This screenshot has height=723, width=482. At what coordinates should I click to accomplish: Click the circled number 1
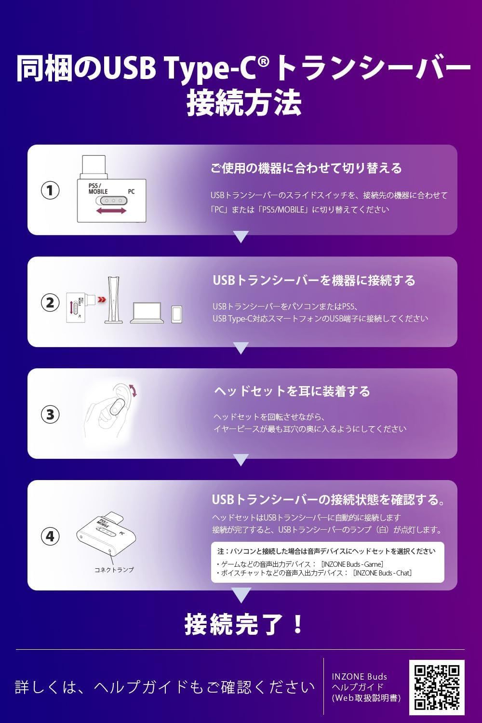pyautogui.click(x=50, y=190)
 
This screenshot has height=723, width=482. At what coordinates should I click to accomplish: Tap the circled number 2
pyautogui.click(x=50, y=303)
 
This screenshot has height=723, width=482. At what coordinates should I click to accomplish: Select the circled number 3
pyautogui.click(x=50, y=414)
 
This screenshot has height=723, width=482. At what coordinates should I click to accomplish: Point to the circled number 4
pyautogui.click(x=50, y=536)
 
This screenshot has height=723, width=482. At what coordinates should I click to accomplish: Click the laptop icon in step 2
pyautogui.click(x=147, y=312)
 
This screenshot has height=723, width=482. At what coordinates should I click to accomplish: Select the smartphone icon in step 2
pyautogui.click(x=177, y=313)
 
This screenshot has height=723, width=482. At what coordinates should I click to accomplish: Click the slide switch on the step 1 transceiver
pyautogui.click(x=111, y=201)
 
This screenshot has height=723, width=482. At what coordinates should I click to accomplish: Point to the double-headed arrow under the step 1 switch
pyautogui.click(x=111, y=212)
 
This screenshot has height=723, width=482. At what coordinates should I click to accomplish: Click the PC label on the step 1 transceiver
pyautogui.click(x=131, y=191)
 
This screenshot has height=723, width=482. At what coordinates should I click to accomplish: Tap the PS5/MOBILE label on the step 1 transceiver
pyautogui.click(x=97, y=188)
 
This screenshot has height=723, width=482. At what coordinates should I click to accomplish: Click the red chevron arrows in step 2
pyautogui.click(x=101, y=300)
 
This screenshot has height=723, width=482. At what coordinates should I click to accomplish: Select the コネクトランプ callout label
pyautogui.click(x=114, y=570)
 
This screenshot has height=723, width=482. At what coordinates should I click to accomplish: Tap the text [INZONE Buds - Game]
pyautogui.click(x=352, y=564)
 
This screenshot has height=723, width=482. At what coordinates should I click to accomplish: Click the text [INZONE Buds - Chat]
pyautogui.click(x=382, y=573)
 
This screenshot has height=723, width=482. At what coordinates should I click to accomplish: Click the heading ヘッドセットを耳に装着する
pyautogui.click(x=292, y=391)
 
